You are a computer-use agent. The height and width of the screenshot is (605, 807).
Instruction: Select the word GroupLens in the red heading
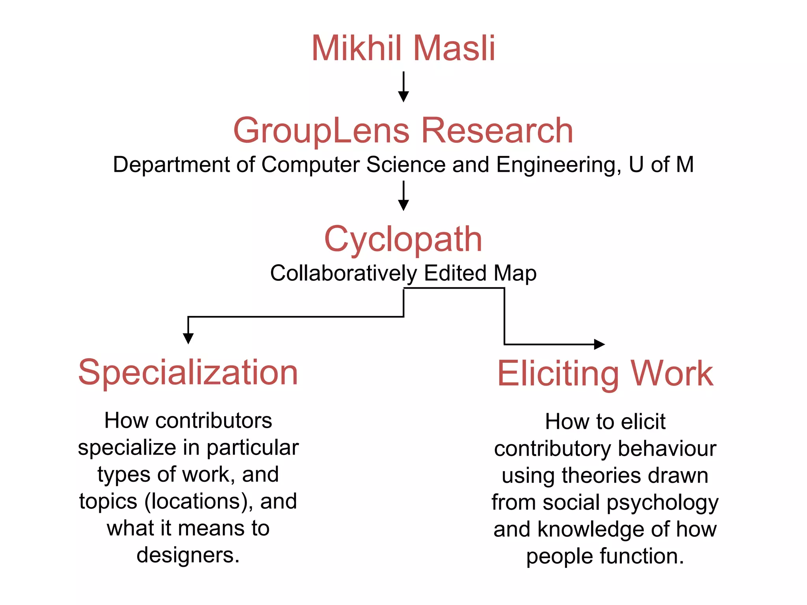(322, 131)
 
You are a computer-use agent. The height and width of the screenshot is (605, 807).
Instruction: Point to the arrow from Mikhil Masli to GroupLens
(403, 87)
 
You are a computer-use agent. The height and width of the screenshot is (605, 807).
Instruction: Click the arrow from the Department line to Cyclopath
(403, 196)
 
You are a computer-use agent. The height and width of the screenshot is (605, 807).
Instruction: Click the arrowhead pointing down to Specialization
(188, 338)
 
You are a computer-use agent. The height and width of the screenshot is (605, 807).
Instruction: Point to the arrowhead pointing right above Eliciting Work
(599, 344)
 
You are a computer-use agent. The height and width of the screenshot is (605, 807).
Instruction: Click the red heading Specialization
(188, 373)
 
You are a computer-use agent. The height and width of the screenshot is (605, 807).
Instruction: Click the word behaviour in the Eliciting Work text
(667, 449)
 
